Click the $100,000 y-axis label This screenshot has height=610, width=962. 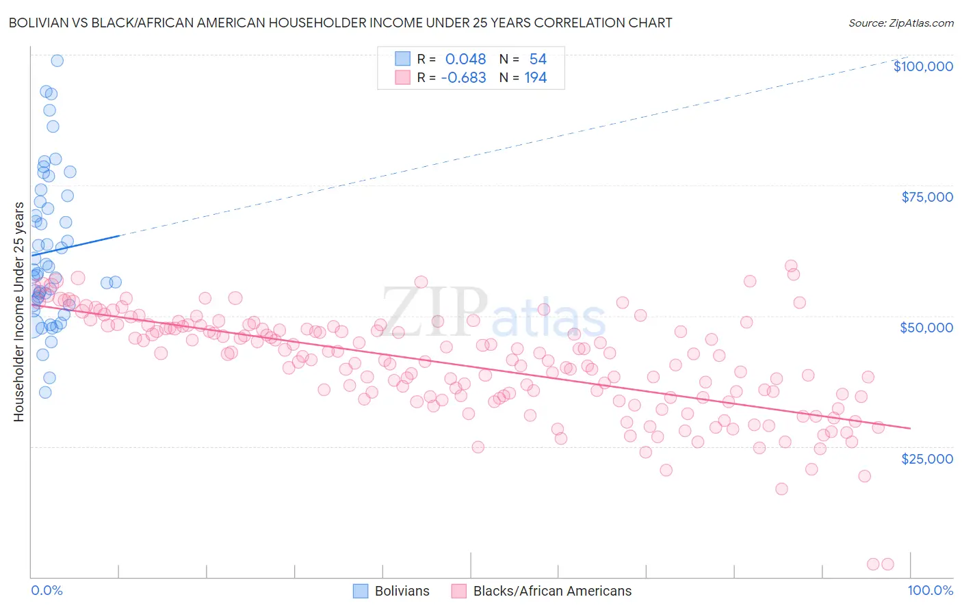click(923, 66)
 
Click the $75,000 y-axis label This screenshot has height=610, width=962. click(926, 197)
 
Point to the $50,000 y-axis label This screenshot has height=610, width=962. click(926, 328)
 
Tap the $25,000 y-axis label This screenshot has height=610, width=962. click(926, 458)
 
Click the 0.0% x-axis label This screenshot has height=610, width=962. click(47, 590)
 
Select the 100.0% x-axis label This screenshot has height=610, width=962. click(930, 590)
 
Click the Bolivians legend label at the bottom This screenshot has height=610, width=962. click(402, 591)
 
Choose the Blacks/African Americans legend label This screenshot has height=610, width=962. click(552, 591)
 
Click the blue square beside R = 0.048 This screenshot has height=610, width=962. click(402, 59)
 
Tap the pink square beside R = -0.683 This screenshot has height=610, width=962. click(402, 77)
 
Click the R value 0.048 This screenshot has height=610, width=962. click(465, 59)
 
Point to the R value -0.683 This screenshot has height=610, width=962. click(463, 77)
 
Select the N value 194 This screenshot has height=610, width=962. click(535, 77)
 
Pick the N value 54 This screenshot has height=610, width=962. click(538, 59)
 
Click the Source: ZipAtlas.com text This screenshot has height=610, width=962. click(900, 23)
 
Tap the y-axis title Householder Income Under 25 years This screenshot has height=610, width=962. click(18, 311)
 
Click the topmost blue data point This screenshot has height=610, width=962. click(57, 61)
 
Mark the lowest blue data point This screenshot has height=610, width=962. click(45, 392)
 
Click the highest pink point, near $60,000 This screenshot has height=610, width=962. click(791, 266)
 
